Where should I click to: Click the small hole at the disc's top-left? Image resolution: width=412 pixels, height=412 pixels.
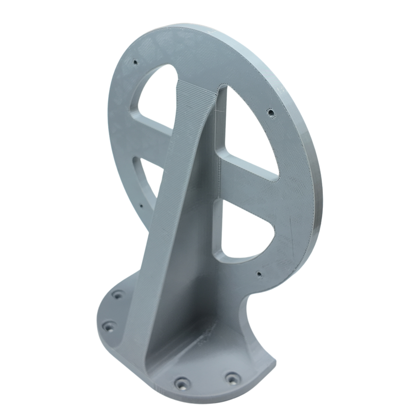click(x=135, y=62)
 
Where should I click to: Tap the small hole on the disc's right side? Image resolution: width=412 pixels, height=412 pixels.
click(x=270, y=111)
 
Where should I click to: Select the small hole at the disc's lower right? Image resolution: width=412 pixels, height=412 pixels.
click(x=259, y=274)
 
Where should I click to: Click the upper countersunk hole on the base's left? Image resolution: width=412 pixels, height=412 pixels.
click(x=118, y=295)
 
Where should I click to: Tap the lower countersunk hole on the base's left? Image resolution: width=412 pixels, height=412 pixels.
click(x=109, y=326)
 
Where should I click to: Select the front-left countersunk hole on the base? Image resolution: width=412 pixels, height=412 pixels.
click(x=182, y=383)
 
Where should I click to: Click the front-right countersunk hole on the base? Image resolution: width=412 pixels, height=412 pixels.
click(x=232, y=379)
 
